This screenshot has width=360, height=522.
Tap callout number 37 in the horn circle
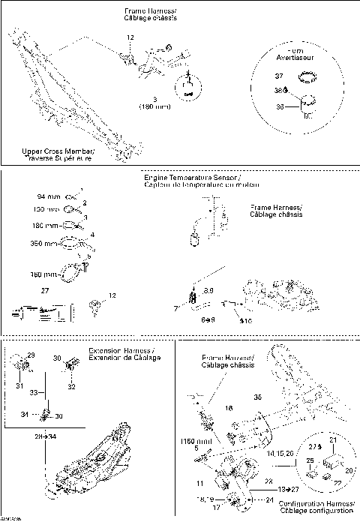point(279,76)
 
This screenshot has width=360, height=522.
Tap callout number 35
point(259,397)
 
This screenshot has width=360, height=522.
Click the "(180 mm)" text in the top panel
point(155,107)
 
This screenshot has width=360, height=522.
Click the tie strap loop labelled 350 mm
point(70,242)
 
